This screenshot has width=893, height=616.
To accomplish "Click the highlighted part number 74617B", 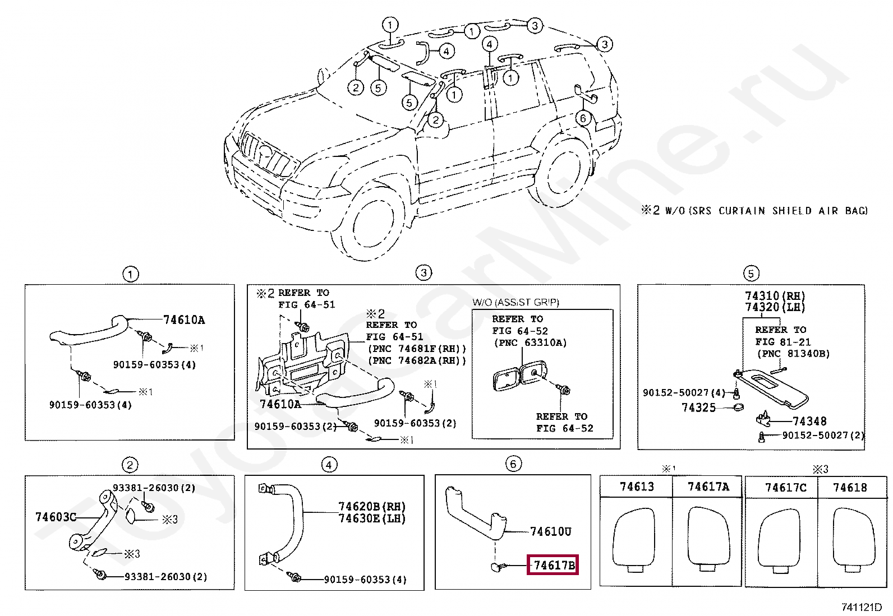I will (x=554, y=565).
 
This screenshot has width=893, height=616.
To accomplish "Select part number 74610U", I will (x=550, y=531).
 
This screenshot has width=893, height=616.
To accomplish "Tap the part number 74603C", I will (x=56, y=517).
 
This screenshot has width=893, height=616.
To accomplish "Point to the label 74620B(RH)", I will (x=371, y=507).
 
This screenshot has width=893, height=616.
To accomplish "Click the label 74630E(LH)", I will (x=371, y=518).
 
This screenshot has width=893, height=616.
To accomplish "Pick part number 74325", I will (x=698, y=407).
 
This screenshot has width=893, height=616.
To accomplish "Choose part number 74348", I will (x=809, y=421).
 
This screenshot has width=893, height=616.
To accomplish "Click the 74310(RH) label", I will (x=775, y=296).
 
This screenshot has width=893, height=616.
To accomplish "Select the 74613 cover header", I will (x=637, y=487).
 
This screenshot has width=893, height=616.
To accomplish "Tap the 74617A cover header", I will (x=708, y=487).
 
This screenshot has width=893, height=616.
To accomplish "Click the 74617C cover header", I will (x=785, y=488).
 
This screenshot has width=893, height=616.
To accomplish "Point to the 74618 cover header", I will (x=850, y=488).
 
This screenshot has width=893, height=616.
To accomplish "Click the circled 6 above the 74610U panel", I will (x=513, y=464).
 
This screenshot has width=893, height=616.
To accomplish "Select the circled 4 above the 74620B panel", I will (x=329, y=465).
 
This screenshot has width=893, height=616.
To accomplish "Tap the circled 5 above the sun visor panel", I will (x=751, y=274).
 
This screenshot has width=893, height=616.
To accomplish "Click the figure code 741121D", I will (x=861, y=607).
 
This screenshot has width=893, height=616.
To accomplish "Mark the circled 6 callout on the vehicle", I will (x=583, y=118).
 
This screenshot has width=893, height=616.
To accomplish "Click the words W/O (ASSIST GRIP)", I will (x=515, y=302).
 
